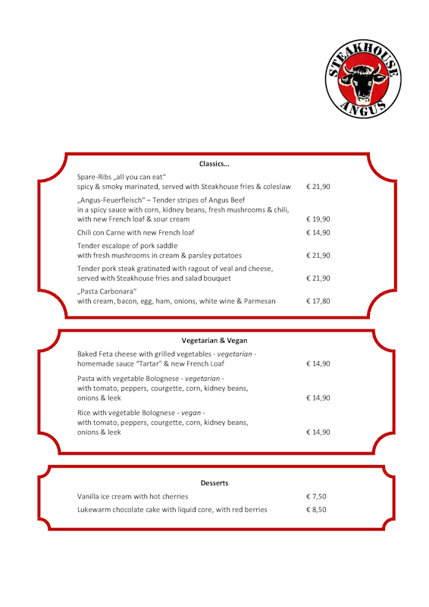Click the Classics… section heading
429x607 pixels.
(x=214, y=164)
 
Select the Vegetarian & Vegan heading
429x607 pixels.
(x=214, y=340)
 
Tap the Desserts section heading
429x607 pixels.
(x=214, y=483)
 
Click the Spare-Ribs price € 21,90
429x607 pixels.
(x=318, y=187)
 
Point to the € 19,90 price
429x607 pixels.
(x=318, y=219)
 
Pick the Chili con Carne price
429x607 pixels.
(x=318, y=233)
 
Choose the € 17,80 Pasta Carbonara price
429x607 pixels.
(x=318, y=301)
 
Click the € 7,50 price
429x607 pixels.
(x=316, y=496)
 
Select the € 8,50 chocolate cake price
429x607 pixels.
(x=316, y=510)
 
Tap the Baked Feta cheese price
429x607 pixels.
(x=318, y=364)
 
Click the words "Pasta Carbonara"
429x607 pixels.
(x=108, y=291)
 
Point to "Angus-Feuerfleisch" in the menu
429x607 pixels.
(x=112, y=200)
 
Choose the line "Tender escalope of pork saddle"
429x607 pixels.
(x=127, y=246)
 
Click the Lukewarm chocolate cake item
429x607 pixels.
(x=172, y=510)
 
